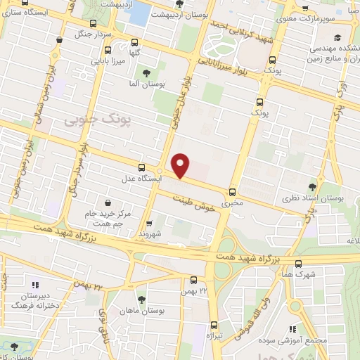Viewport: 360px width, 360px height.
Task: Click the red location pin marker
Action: (x=181, y=165)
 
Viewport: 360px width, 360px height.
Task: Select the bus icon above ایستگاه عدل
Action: (x=142, y=167)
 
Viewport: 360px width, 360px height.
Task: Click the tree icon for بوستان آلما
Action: (x=146, y=73)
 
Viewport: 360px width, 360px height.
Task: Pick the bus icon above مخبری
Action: (x=232, y=191)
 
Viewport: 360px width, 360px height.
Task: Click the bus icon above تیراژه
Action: (x=214, y=325)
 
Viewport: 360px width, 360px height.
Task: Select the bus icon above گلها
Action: (x=107, y=50)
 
